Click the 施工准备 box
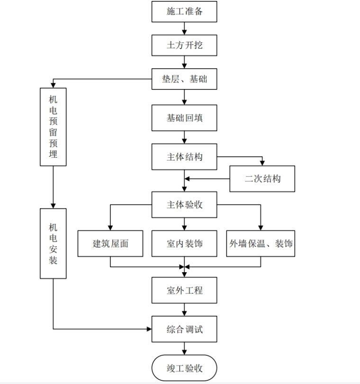[184, 11]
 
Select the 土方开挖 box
[184, 46]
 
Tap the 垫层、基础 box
[184, 80]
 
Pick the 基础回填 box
[184, 118]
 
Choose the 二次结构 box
[262, 179]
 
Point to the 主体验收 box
[184, 205]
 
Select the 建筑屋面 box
[110, 244]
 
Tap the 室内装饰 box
[184, 244]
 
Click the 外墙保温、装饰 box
[261, 244]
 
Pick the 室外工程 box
[184, 290]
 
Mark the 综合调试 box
[184, 329]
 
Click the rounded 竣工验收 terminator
[184, 368]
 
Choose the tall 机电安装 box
[53, 243]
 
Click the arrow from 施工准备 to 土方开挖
[184, 28]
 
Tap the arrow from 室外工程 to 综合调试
[184, 310]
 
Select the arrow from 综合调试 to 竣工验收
[184, 348]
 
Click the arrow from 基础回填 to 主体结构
[184, 137]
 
